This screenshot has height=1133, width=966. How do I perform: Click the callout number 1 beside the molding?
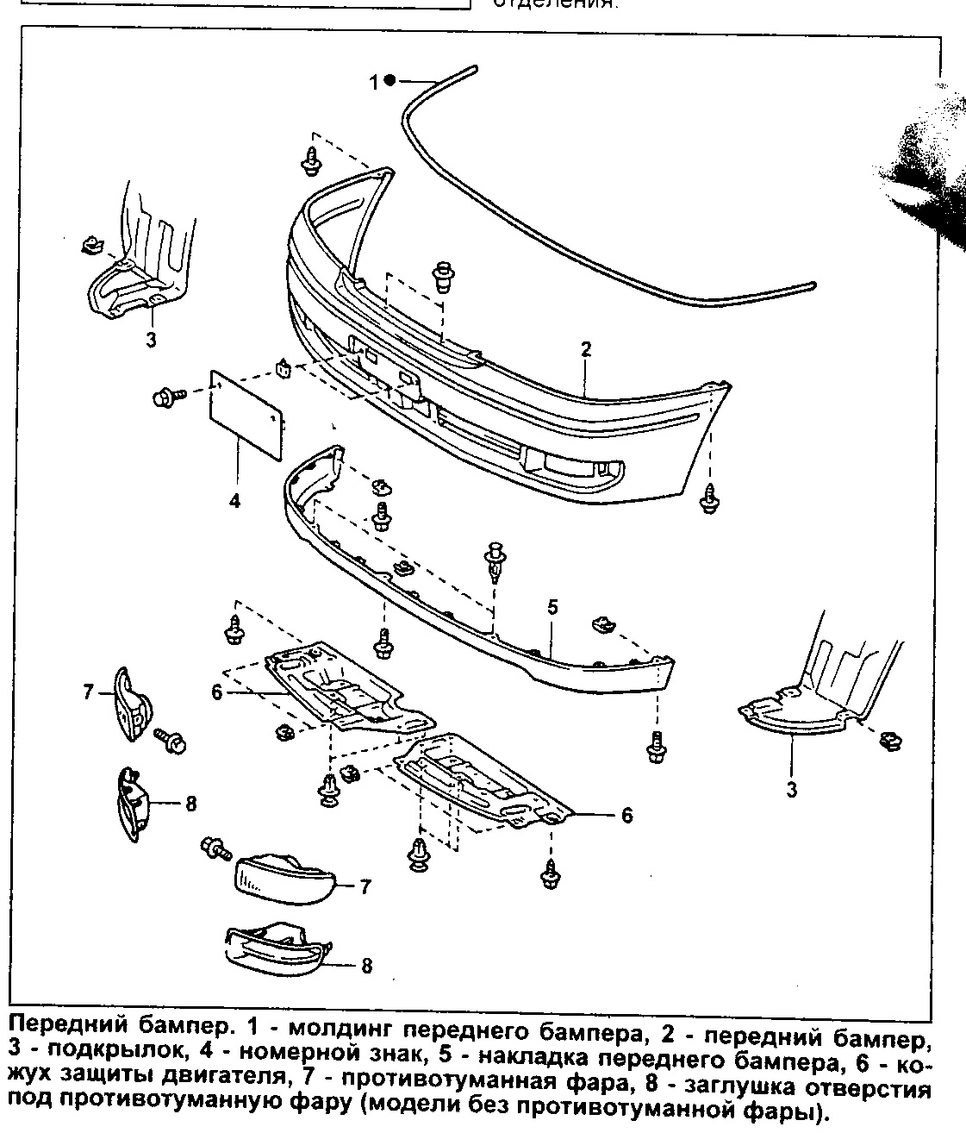click(x=374, y=82)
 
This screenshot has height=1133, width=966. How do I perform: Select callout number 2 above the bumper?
click(x=586, y=349)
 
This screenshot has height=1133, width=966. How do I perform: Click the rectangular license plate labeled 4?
click(x=246, y=413)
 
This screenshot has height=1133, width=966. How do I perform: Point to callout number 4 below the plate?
click(x=234, y=501)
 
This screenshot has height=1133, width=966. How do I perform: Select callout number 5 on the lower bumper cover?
click(x=552, y=607)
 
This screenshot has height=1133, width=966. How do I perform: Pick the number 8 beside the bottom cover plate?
click(x=366, y=966)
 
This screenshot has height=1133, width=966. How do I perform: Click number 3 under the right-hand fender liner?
click(x=791, y=789)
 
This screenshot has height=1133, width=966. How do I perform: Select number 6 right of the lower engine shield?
click(x=626, y=815)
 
